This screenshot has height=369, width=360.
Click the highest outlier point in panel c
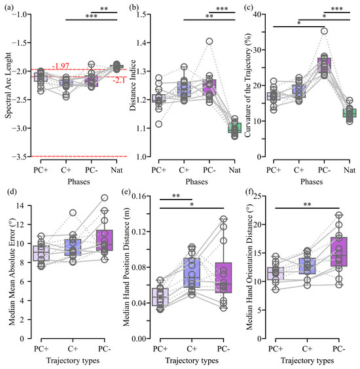(x=323, y=31)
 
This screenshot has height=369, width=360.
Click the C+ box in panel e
(x=193, y=273)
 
